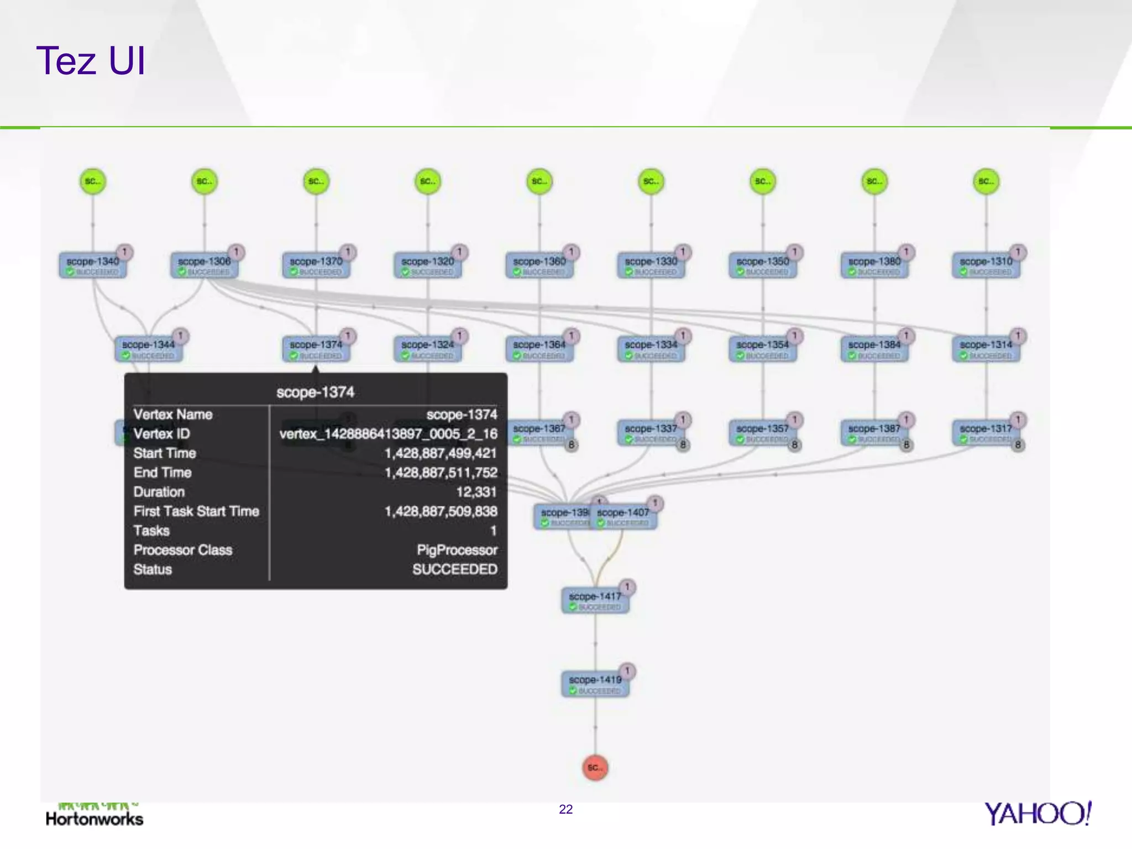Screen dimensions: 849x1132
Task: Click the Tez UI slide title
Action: pyautogui.click(x=91, y=60)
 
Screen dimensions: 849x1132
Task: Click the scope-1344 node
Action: pyautogui.click(x=149, y=349)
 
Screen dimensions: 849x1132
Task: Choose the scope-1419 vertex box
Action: pyautogui.click(x=595, y=684)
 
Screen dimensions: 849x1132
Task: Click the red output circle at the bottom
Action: pyautogui.click(x=595, y=767)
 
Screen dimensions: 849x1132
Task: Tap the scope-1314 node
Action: pyautogui.click(x=986, y=349)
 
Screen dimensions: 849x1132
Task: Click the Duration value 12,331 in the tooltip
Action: pyautogui.click(x=476, y=492)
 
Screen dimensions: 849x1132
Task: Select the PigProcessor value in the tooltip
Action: pyautogui.click(x=457, y=550)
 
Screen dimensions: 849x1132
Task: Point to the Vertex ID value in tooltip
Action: pyautogui.click(x=388, y=434)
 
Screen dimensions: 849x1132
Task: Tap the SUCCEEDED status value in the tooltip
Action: pyautogui.click(x=454, y=569)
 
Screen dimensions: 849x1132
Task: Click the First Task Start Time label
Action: pyautogui.click(x=196, y=511)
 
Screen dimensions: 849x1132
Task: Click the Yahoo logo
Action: pyautogui.click(x=1037, y=814)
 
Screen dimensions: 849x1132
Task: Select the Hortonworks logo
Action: pyautogui.click(x=95, y=815)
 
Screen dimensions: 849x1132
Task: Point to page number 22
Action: pyautogui.click(x=566, y=809)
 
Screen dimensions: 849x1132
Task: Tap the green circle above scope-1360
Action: pyautogui.click(x=539, y=181)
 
